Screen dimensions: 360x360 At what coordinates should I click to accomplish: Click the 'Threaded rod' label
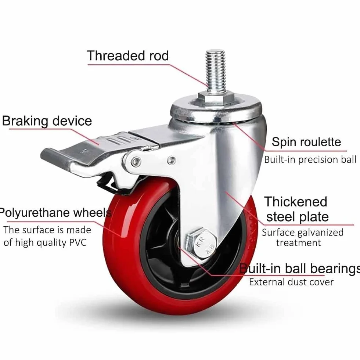tap(128, 55)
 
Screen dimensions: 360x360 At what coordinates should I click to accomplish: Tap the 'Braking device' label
tap(47, 121)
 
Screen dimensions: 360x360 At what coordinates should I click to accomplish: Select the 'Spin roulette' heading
tap(306, 142)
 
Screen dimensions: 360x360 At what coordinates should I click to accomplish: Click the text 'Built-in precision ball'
tap(310, 159)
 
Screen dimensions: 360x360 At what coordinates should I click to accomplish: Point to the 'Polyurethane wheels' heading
tap(55, 212)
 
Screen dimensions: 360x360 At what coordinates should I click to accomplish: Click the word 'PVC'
tap(78, 242)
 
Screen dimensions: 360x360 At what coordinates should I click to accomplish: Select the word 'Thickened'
tap(296, 202)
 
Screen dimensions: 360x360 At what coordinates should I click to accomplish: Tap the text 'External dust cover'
tap(291, 282)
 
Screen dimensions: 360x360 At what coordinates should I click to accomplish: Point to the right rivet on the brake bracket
tap(171, 160)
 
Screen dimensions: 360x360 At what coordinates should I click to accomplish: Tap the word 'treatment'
tap(298, 243)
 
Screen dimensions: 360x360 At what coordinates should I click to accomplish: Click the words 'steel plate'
tap(298, 217)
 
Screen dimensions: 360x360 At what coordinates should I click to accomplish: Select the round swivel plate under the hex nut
tap(216, 111)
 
